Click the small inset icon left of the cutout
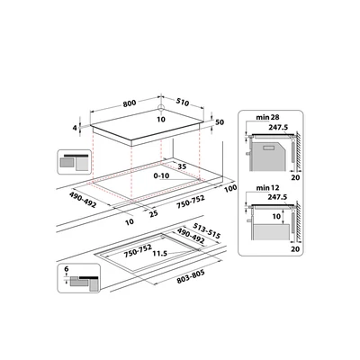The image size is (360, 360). click(75, 163)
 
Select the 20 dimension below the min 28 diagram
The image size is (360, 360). click(296, 178)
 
